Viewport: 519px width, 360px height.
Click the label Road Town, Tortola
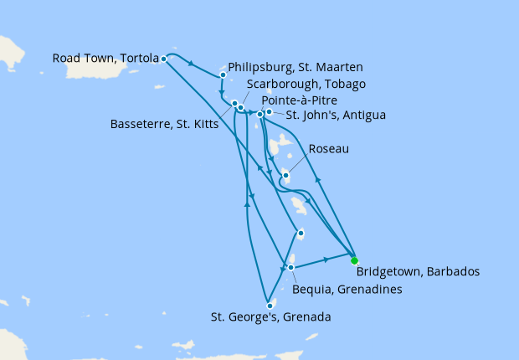click(x=105, y=59)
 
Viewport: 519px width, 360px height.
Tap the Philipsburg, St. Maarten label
click(x=295, y=67)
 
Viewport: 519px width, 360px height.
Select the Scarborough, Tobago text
click(x=306, y=84)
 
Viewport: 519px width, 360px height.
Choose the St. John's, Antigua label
click(x=336, y=115)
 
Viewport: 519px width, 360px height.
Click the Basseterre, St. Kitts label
click(x=165, y=125)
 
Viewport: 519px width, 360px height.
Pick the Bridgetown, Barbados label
click(x=418, y=271)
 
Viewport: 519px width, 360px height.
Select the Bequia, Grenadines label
click(x=345, y=289)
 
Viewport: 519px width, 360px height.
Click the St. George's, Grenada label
click(x=269, y=317)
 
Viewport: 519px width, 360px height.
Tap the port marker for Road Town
click(x=163, y=59)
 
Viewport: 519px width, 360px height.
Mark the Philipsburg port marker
click(x=223, y=75)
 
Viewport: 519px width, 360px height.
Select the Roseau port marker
click(x=285, y=176)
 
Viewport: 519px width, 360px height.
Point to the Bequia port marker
click(x=290, y=268)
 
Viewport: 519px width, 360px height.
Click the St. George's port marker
click(x=270, y=306)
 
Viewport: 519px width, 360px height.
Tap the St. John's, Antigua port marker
click(x=269, y=112)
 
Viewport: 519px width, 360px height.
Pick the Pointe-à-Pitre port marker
click(x=260, y=114)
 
